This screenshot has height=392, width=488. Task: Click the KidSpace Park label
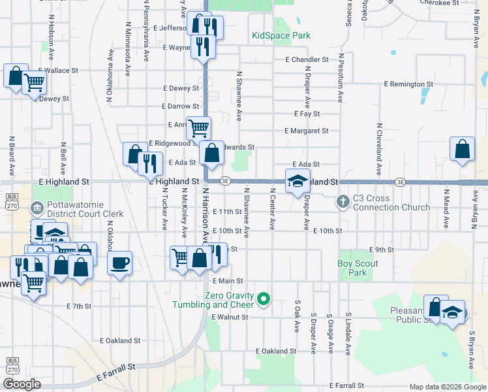point(281,35)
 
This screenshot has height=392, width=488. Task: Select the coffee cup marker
point(119,263)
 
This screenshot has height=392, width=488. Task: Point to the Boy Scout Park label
point(358,268)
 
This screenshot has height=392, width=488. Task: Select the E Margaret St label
point(307,131)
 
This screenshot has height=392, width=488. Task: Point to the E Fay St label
point(307,114)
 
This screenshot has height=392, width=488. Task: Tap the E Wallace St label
point(58,70)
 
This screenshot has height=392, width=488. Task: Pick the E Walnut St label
point(230,317)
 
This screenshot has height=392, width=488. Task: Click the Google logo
point(22,384)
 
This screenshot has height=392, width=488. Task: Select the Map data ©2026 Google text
point(447,387)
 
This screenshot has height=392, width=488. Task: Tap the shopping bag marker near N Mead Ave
point(462,149)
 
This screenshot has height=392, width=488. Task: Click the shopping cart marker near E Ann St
point(198,127)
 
